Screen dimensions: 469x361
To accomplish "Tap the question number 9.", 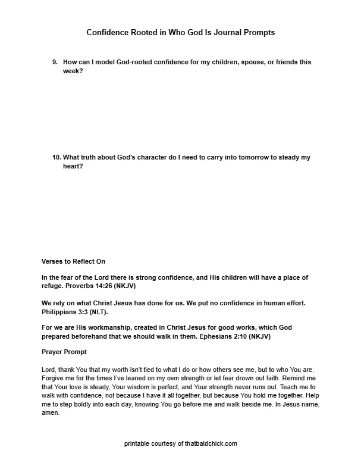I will [x=55, y=62].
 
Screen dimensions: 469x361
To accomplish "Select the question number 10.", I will [x=56, y=158].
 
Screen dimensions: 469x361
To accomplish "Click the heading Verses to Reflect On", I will [x=73, y=261].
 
